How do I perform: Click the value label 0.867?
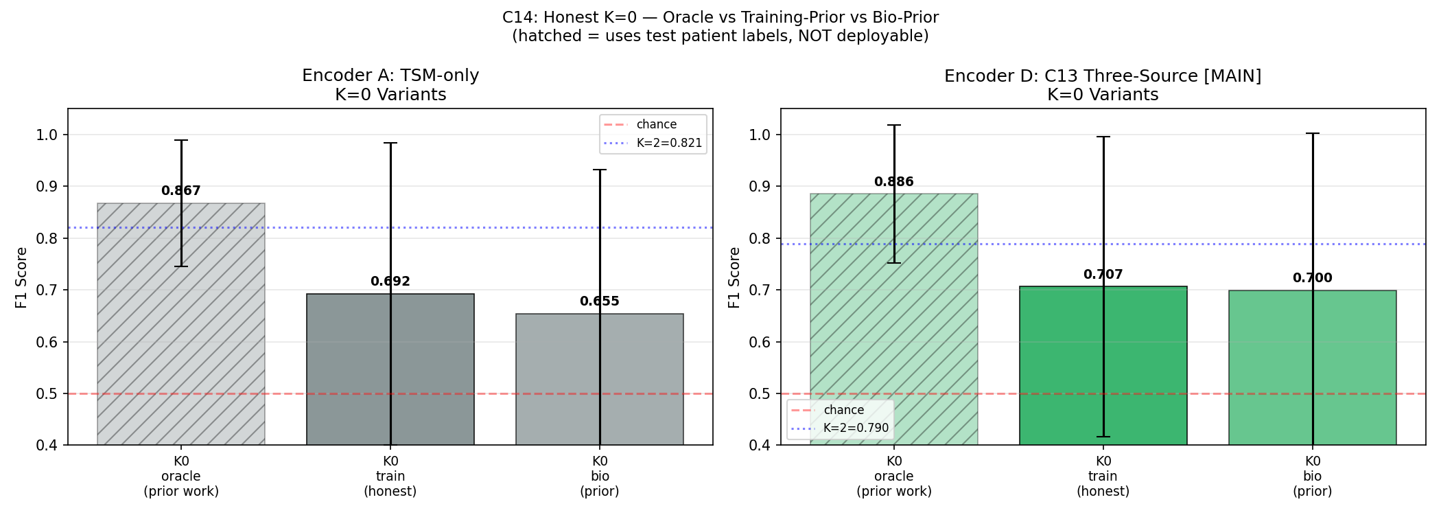180,191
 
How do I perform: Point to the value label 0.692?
390,282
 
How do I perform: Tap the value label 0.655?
599,301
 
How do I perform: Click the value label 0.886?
893,182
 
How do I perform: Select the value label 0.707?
1103,275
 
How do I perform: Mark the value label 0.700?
1312,278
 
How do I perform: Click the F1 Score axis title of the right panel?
734,277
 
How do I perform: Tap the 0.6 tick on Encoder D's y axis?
760,342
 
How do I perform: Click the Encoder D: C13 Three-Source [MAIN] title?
1102,76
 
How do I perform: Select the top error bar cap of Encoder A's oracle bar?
180,140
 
